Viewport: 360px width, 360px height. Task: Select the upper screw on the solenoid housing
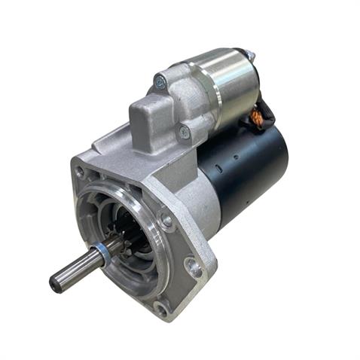coord(160,81)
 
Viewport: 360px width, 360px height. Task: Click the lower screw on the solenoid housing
coord(184,132)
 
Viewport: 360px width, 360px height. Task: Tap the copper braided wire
coord(256,117)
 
